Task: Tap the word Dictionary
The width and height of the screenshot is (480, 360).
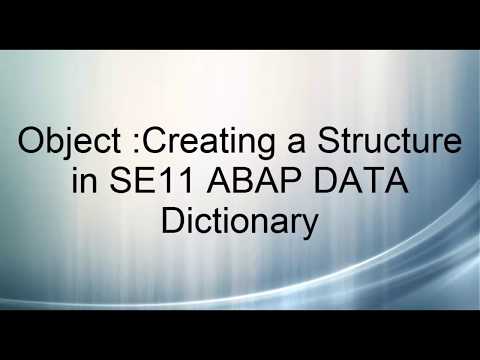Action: [240, 221]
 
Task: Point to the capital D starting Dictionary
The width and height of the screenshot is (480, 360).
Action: [174, 221]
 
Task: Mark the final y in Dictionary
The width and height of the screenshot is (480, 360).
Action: [310, 226]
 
